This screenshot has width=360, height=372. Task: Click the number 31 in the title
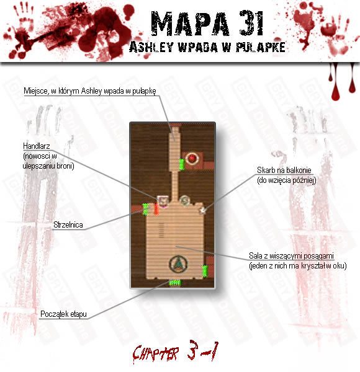[252, 24]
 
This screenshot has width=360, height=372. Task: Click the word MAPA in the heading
[191, 24]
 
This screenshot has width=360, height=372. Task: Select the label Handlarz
[37, 146]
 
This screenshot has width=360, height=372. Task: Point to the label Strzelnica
[68, 224]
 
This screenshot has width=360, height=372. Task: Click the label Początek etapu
[63, 314]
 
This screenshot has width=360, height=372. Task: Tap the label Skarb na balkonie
[284, 170]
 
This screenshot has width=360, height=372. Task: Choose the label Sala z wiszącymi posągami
[291, 255]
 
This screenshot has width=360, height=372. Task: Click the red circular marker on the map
[192, 159]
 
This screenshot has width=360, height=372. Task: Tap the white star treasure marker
[203, 210]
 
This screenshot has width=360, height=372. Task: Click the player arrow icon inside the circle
[178, 263]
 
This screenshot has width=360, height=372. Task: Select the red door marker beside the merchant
[156, 209]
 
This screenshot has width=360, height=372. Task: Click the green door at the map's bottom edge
[175, 283]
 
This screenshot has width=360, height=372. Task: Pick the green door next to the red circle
[181, 164]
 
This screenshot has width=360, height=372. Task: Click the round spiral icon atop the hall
[184, 201]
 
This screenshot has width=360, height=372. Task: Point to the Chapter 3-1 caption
[175, 353]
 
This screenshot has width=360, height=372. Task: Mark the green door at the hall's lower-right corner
[205, 271]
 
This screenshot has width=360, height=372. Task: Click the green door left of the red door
[145, 210]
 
